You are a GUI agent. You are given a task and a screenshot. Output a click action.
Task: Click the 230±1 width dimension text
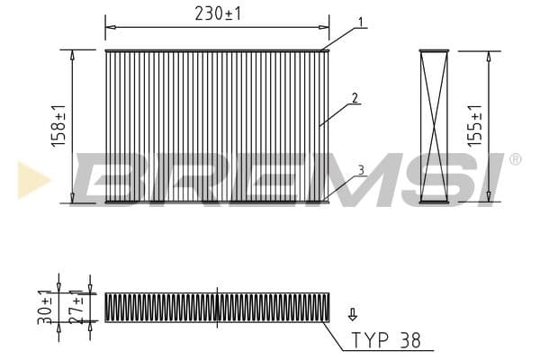click(x=218, y=14)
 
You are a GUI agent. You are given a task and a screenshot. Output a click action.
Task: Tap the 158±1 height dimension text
click(x=58, y=126)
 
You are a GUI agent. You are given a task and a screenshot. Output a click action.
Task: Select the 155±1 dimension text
click(x=474, y=126)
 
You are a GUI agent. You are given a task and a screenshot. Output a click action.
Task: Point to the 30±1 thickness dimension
click(x=45, y=307)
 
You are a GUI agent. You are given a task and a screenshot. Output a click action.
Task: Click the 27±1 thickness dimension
click(x=76, y=307)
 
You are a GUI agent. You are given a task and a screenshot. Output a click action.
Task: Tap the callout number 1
click(x=360, y=22)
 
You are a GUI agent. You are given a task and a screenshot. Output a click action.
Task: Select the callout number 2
click(x=355, y=98)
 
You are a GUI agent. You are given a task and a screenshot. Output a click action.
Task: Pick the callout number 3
click(x=361, y=170)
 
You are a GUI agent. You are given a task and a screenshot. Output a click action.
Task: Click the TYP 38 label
click(x=386, y=340)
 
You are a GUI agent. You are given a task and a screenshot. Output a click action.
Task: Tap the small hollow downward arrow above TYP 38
click(x=352, y=314)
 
